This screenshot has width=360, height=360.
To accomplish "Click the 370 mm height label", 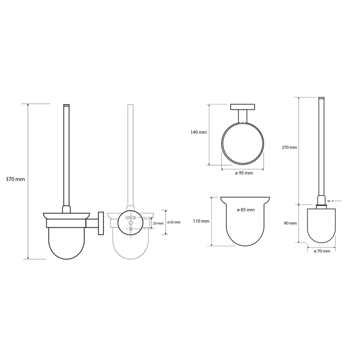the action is point(15,179).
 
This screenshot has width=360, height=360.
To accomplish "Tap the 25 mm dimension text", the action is point(158,223).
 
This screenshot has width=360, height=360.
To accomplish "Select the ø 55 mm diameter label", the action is point(174,222).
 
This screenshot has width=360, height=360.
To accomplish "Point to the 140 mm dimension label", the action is point(198,132).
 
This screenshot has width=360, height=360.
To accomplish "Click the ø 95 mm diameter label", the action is point(244,173).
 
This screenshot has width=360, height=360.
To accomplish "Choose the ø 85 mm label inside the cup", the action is point(246,210).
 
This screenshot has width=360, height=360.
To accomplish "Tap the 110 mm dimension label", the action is point(201,221).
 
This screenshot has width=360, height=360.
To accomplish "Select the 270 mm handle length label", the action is point(289,148).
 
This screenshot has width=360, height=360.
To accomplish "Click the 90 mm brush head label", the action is point(290,223).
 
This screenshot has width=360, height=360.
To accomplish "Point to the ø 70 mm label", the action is point(322,251).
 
